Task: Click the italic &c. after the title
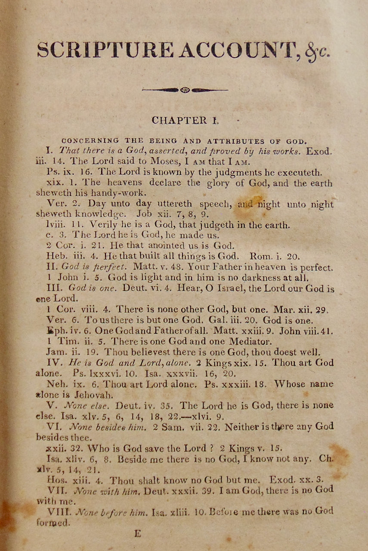(318, 51)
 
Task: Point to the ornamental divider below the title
(185, 90)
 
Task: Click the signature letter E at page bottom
(138, 534)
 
